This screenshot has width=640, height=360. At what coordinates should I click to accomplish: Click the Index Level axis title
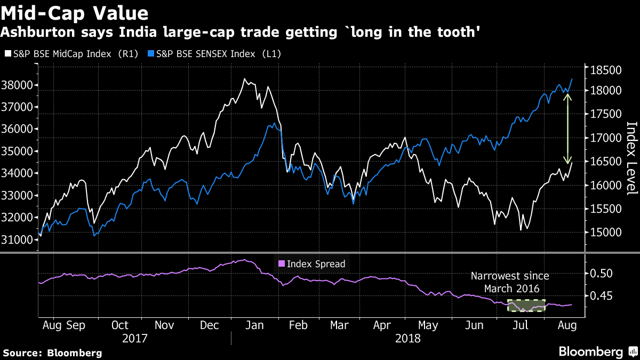click(631, 158)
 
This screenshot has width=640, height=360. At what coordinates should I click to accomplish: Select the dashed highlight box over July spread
click(526, 306)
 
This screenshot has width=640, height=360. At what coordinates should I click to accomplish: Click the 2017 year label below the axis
click(135, 338)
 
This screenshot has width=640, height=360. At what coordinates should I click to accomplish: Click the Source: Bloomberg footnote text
click(52, 353)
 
